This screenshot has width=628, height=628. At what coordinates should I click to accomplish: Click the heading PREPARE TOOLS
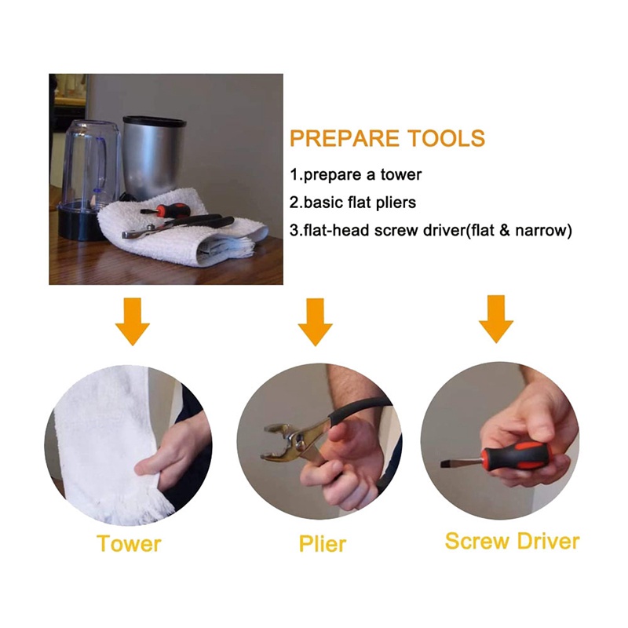[x=387, y=139]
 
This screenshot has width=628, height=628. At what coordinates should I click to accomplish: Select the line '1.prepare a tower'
[x=356, y=175]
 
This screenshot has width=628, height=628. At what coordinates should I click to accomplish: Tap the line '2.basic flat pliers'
[x=352, y=203]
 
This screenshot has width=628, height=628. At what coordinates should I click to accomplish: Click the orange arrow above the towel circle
[x=133, y=321]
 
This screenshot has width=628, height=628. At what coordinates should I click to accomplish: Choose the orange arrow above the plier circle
[x=316, y=322]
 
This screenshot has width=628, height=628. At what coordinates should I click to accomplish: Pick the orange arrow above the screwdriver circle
[x=496, y=319]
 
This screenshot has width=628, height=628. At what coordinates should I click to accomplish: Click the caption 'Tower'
[x=129, y=544]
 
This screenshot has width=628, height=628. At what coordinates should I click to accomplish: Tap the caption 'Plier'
[x=323, y=545]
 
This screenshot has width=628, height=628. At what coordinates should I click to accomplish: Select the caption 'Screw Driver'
[x=513, y=542]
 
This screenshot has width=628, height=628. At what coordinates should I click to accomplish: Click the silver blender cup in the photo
[x=153, y=156]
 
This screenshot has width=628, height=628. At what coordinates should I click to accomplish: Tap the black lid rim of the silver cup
[x=154, y=120]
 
